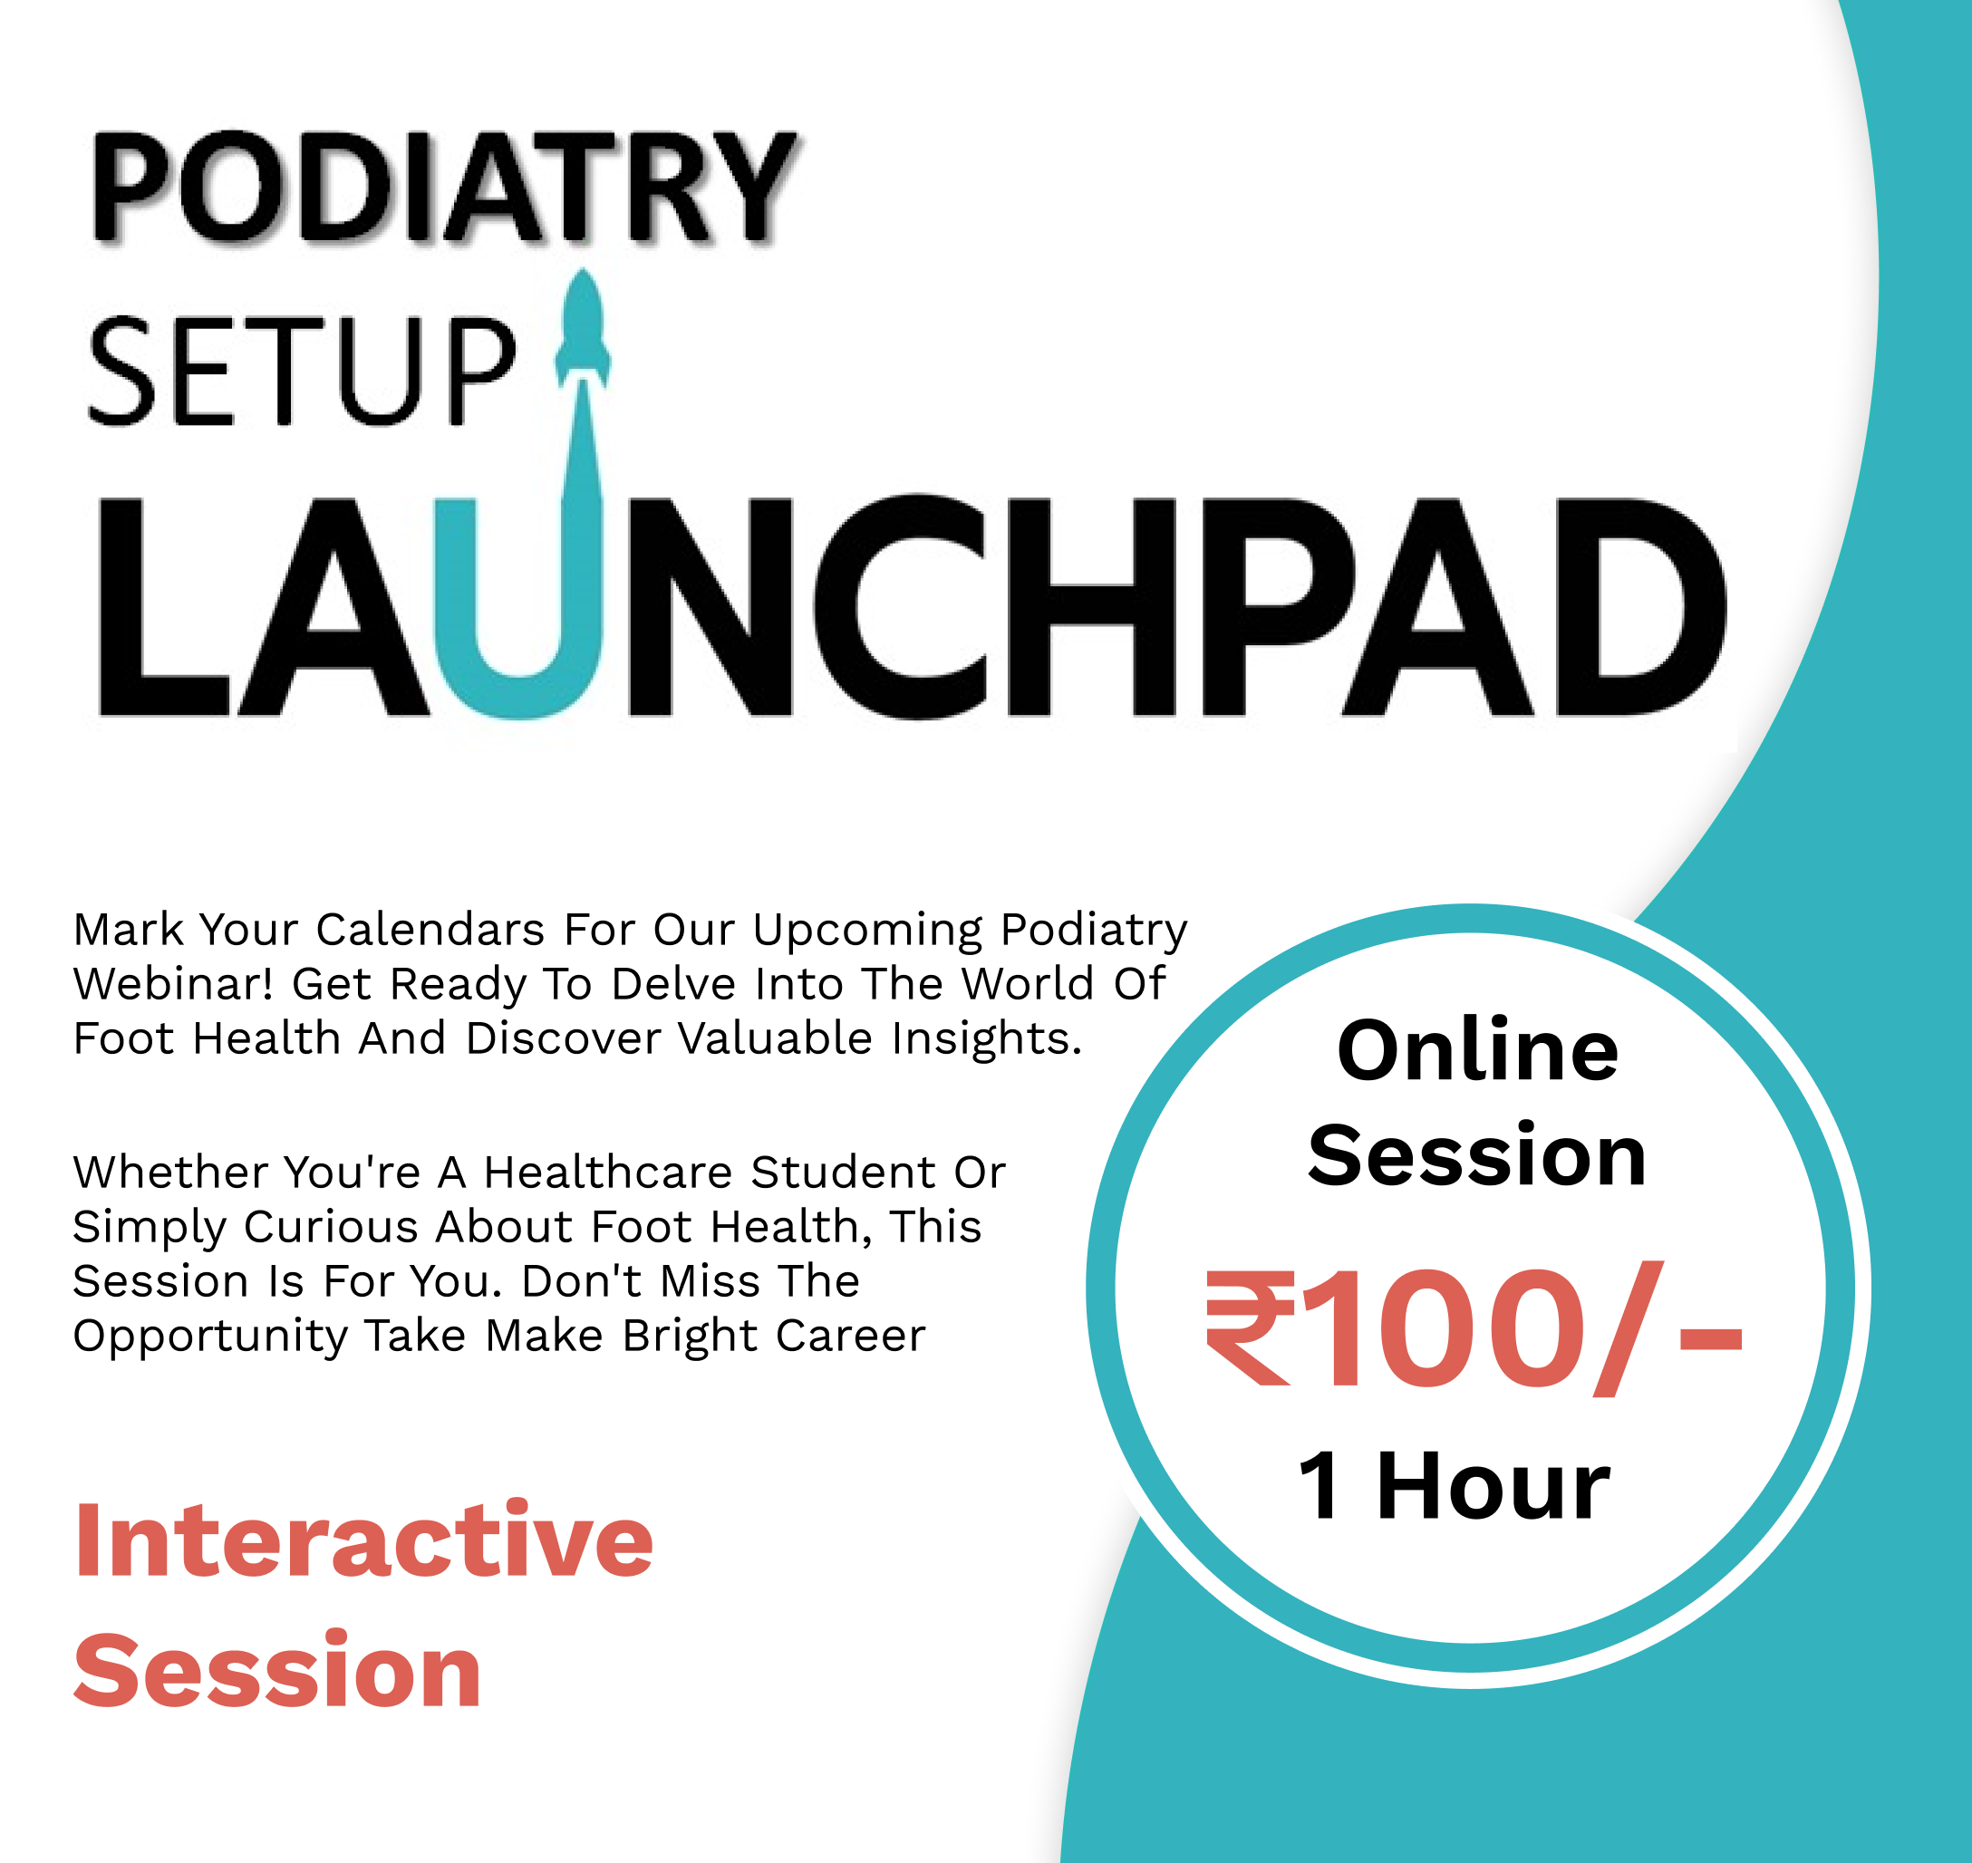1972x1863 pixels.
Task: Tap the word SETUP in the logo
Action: [x=302, y=372]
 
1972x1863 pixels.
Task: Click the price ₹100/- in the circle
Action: [x=1474, y=1328]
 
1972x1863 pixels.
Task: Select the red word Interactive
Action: [x=363, y=1540]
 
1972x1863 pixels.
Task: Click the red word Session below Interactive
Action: [x=278, y=1673]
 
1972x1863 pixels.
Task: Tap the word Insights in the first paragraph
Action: [x=986, y=1038]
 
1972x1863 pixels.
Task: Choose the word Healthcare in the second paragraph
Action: [x=608, y=1173]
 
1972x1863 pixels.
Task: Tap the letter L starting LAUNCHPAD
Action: [x=164, y=606]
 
